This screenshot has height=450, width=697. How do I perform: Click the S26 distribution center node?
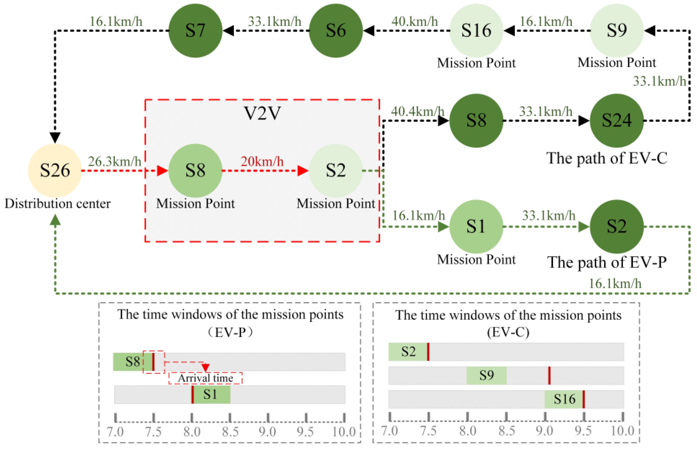click(x=55, y=170)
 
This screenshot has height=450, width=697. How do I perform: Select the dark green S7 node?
click(x=195, y=30)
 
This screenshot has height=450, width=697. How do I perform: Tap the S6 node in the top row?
click(x=336, y=30)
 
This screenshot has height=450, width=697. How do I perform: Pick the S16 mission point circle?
click(x=476, y=30)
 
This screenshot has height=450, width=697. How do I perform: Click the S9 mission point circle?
click(x=617, y=30)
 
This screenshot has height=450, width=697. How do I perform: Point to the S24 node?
click(x=617, y=120)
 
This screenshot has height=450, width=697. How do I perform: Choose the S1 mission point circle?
click(x=476, y=227)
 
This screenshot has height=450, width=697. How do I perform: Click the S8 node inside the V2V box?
click(x=195, y=170)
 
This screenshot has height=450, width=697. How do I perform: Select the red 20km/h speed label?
click(x=262, y=161)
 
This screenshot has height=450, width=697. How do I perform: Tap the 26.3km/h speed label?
click(x=115, y=161)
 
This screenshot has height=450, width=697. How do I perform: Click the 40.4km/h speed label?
click(x=418, y=111)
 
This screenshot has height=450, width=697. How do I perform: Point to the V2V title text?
click(x=262, y=113)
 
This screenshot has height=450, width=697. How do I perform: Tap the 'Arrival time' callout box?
click(x=205, y=378)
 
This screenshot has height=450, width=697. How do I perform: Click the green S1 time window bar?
click(x=211, y=394)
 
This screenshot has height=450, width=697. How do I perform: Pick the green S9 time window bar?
click(x=486, y=375)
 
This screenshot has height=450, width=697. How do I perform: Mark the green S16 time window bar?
click(x=564, y=399)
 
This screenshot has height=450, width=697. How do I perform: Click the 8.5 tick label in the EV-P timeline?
click(x=230, y=432)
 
